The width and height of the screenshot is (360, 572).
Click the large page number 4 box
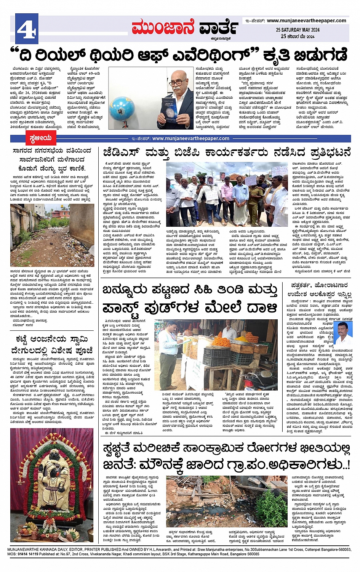click(27, 28)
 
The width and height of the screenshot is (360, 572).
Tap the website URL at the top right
click(306, 21)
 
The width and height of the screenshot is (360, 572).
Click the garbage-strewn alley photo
click(52, 235)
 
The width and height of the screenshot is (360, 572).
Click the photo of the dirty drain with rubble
click(227, 501)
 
